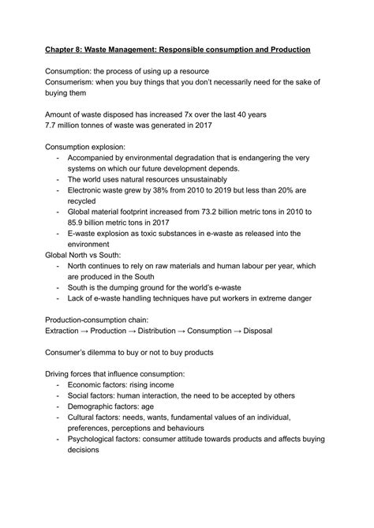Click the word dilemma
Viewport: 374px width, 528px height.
pyautogui.click(x=114, y=351)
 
